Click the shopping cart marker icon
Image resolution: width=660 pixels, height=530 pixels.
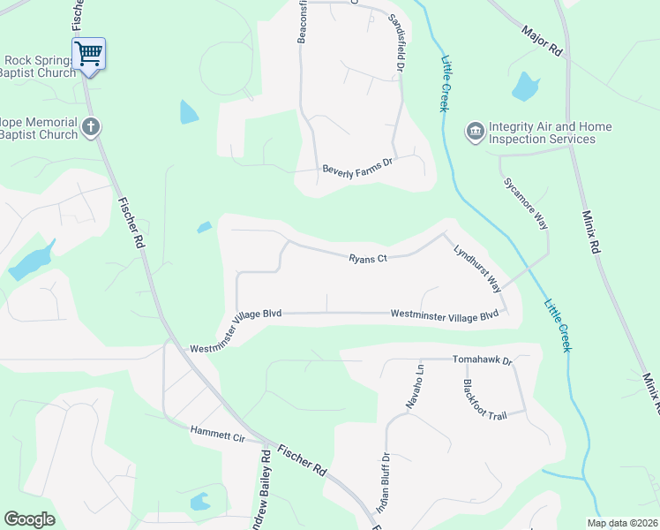[88, 54]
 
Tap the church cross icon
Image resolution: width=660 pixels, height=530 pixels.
[90, 128]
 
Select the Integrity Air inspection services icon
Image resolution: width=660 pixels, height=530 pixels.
[476, 132]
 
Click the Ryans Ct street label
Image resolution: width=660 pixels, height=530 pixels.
[368, 259]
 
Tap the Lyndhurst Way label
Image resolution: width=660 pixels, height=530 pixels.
[477, 269]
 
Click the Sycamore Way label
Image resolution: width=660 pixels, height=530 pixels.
[526, 204]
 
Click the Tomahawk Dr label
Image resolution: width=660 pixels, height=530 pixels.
[482, 360]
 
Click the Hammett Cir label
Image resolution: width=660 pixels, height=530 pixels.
[216, 433]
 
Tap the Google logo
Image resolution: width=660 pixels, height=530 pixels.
[29, 519]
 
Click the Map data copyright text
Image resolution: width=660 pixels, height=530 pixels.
[622, 523]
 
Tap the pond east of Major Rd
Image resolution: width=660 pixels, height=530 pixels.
[525, 87]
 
